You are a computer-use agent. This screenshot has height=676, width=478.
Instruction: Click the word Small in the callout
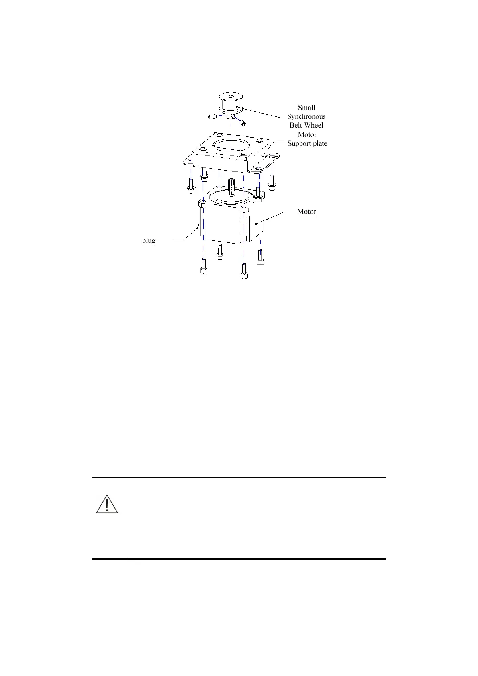click(306, 108)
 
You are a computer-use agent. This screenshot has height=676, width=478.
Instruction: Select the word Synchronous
click(306, 116)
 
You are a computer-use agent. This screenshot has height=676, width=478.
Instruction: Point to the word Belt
click(296, 125)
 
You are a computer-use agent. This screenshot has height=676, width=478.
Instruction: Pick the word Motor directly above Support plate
click(307, 135)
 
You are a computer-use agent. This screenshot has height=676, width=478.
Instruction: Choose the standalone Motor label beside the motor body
click(306, 212)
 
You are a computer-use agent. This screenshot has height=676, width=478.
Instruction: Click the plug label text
click(148, 241)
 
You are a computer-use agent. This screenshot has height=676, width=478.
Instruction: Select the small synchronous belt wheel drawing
click(230, 104)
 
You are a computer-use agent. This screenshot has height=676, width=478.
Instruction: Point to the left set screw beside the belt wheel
click(212, 117)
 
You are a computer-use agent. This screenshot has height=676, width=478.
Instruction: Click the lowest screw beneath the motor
click(243, 271)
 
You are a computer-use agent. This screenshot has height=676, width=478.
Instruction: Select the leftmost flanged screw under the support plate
click(191, 184)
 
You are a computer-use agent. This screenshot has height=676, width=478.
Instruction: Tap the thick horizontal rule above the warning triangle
click(239, 478)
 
